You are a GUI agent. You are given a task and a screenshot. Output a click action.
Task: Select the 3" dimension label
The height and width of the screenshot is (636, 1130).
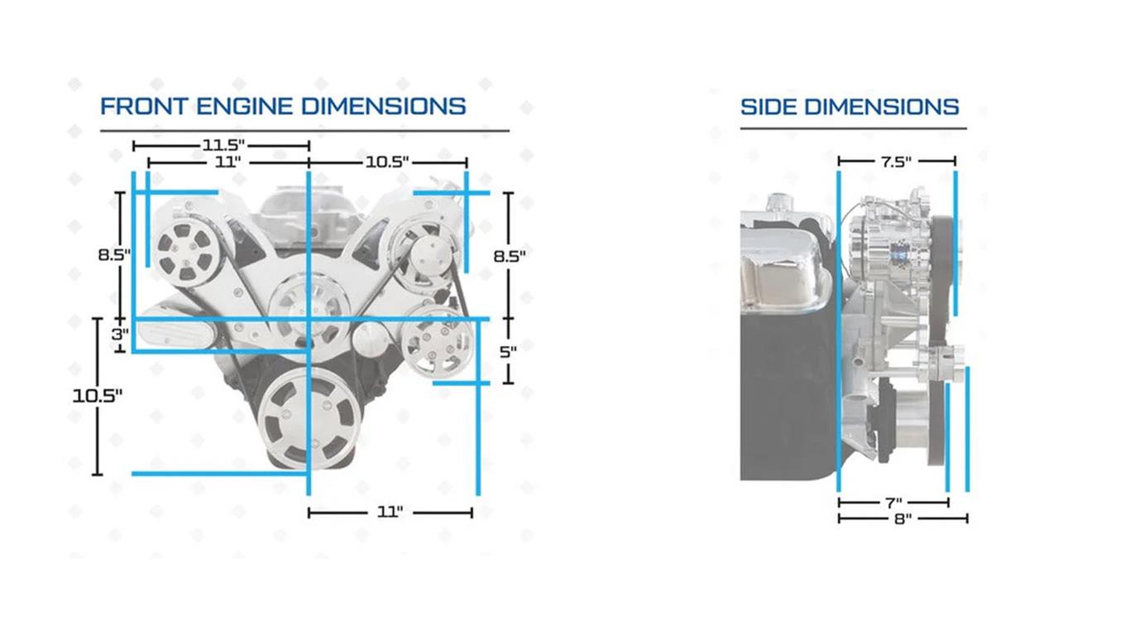pos(121,335)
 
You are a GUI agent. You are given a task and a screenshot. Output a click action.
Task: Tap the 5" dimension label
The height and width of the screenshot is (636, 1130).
pos(508,351)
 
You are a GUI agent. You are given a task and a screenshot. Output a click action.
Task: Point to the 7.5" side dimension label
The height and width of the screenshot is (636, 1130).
pos(896,161)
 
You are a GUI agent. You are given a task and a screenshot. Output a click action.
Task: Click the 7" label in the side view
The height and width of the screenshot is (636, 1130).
pos(893,503)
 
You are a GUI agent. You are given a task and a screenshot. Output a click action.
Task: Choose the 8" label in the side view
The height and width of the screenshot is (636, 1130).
pos(903,519)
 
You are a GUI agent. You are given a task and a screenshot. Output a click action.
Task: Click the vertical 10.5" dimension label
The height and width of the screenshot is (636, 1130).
pos(98,395)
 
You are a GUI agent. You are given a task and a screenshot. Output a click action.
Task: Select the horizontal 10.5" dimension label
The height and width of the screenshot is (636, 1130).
pos(387,162)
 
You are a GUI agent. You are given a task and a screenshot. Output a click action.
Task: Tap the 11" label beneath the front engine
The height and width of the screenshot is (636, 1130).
pos(390,513)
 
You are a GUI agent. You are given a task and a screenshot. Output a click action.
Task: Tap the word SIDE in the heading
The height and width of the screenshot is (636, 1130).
pos(768,107)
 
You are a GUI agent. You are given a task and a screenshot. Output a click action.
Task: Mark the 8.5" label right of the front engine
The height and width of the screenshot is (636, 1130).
pos(510,256)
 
